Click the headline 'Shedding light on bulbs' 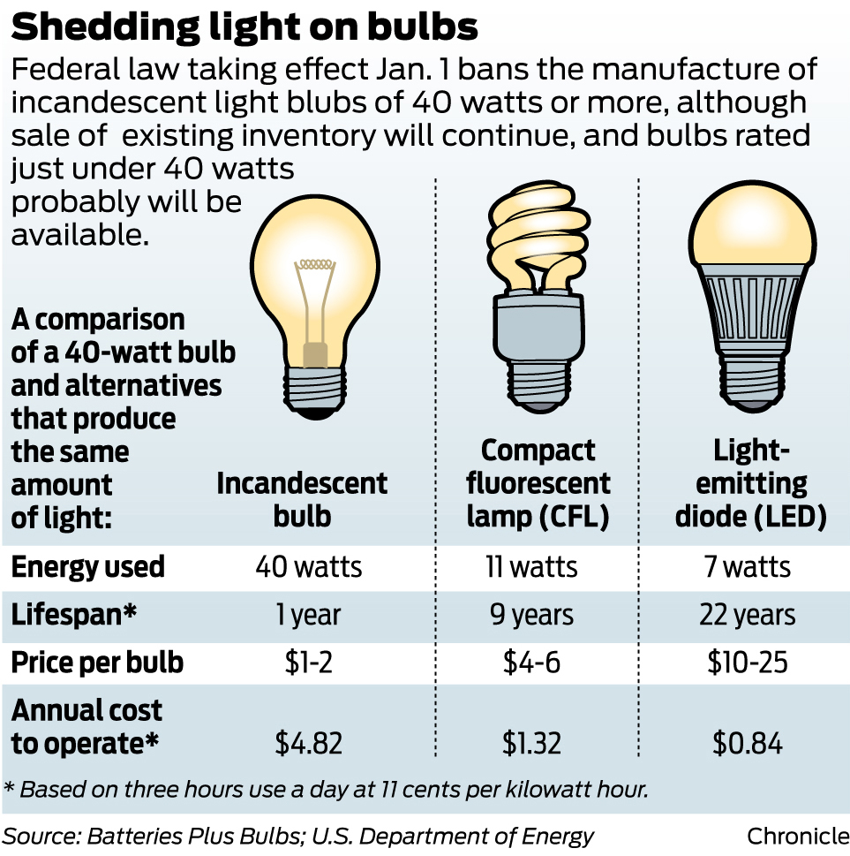tap(244, 27)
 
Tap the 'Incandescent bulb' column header tap(302, 499)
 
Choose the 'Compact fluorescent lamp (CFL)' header tap(538, 483)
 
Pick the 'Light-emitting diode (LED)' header tap(750, 483)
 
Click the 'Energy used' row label tap(88, 567)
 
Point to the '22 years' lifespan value tap(748, 615)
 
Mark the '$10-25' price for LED tap(748, 663)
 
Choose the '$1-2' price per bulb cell tap(306, 663)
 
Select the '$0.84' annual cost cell tap(748, 744)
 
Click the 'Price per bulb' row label tap(97, 663)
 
